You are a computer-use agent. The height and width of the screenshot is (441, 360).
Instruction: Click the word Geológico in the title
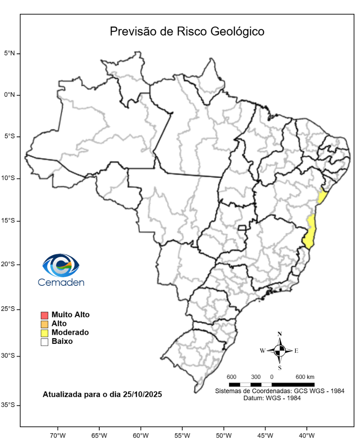pos(237,32)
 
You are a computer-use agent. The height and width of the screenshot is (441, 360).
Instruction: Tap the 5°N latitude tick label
pos(10,53)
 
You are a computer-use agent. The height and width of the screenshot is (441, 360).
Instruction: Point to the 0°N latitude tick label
pos(10,95)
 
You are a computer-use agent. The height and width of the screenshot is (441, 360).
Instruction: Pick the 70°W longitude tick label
pos(58,435)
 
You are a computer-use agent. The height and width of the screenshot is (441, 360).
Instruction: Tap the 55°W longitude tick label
pos(182,435)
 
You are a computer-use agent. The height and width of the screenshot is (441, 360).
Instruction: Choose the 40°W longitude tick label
pos(306,435)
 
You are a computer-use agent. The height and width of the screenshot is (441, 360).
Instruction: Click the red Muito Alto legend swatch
pos(45,315)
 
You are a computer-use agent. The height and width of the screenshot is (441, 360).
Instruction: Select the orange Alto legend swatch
pos(45,324)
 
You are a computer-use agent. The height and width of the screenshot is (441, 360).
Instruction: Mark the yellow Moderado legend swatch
pos(45,333)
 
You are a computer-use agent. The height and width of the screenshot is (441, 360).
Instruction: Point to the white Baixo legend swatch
pos(45,342)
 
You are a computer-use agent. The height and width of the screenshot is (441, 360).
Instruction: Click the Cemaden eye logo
pos(61,265)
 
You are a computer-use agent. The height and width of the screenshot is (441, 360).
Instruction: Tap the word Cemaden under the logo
pos(61,282)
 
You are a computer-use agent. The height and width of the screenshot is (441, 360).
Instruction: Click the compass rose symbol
pos(280,350)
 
